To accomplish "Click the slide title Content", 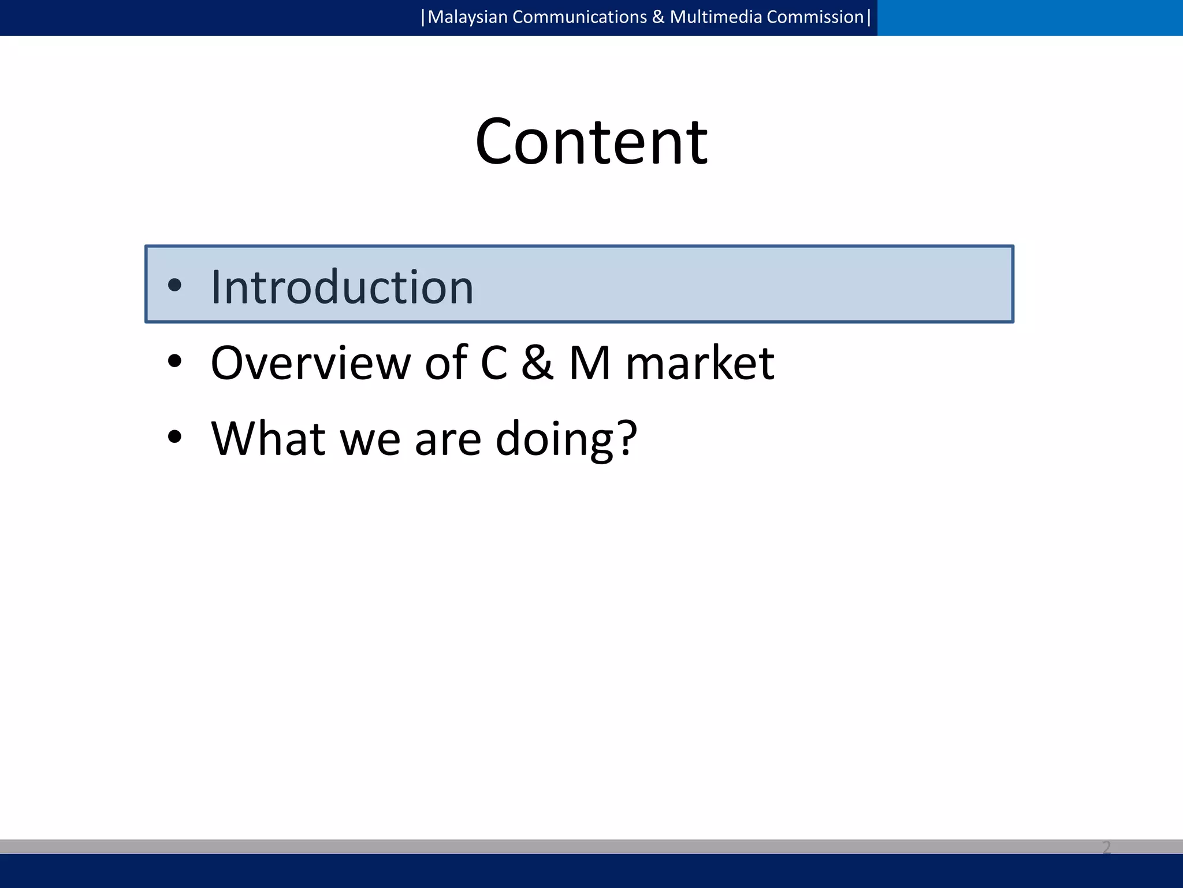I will (x=591, y=142).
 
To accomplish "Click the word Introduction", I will (x=342, y=287).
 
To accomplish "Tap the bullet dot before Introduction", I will (x=174, y=284).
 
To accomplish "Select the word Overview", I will (x=310, y=363).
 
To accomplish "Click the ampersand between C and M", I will (x=537, y=363).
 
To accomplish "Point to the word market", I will (x=700, y=363).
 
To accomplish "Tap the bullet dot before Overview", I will (x=174, y=361).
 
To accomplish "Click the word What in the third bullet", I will (x=268, y=438).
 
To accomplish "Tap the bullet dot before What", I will (x=174, y=437).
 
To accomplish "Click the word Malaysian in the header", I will (x=467, y=17).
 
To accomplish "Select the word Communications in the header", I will (x=579, y=17).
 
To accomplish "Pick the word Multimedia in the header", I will (x=716, y=17).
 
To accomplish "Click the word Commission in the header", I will (x=815, y=17).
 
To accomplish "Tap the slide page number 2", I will (x=1106, y=848).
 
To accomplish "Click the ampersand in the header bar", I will (x=658, y=17).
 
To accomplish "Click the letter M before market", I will (x=590, y=363).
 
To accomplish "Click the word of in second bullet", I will (x=446, y=363).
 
